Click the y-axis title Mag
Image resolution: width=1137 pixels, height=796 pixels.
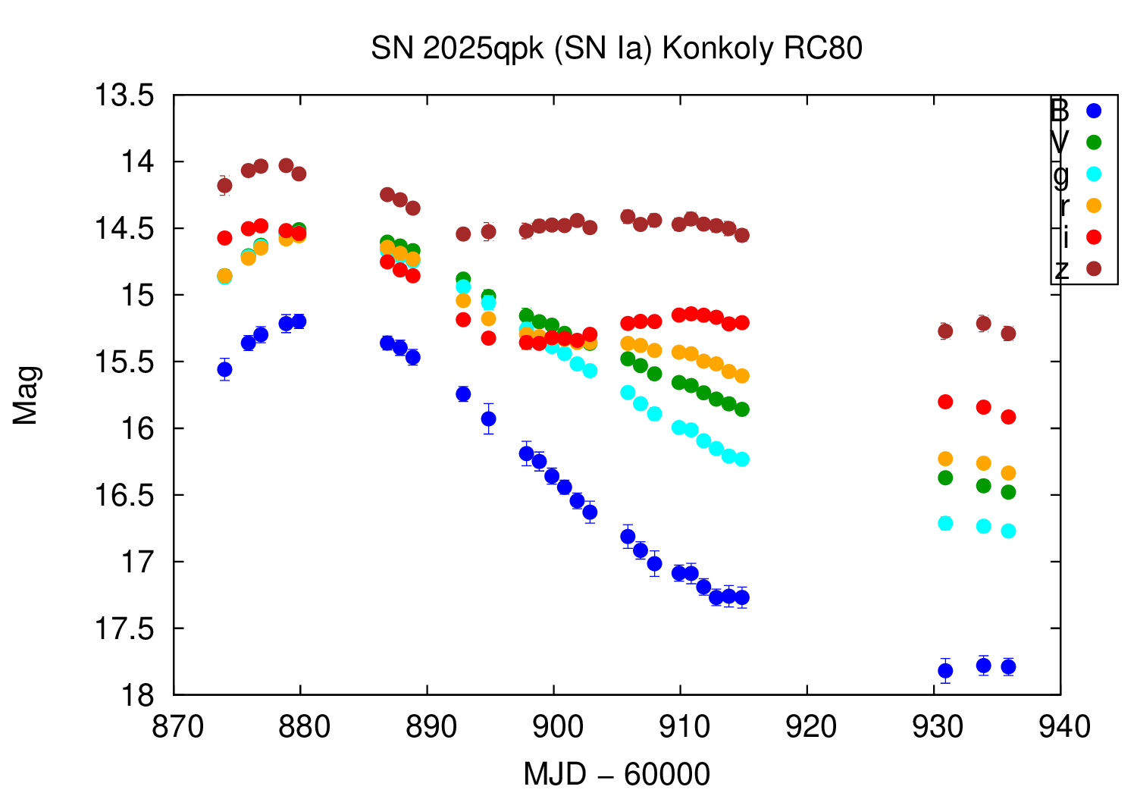tap(26, 395)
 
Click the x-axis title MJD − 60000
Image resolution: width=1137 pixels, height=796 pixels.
tap(616, 774)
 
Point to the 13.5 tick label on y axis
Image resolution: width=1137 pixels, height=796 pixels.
tap(123, 96)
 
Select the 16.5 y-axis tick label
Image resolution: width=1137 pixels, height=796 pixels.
tap(123, 495)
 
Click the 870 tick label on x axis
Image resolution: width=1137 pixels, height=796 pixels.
tap(177, 727)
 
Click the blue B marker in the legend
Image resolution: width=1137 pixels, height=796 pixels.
tap(1093, 111)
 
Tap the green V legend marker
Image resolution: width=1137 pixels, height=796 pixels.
tap(1093, 143)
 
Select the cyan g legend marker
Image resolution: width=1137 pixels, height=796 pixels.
tap(1093, 174)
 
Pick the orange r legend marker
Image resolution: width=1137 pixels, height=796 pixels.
tap(1093, 205)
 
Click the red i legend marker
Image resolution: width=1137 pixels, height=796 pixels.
tap(1093, 237)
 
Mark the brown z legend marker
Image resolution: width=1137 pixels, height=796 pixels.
tap(1093, 268)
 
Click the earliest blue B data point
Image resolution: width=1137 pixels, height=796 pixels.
tap(224, 369)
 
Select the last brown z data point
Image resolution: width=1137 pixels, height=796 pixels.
tap(1008, 334)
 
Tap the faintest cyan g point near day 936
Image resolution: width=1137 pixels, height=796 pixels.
tap(1008, 531)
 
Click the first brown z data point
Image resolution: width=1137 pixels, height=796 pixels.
tap(224, 185)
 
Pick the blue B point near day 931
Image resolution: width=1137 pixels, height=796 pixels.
tap(945, 670)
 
